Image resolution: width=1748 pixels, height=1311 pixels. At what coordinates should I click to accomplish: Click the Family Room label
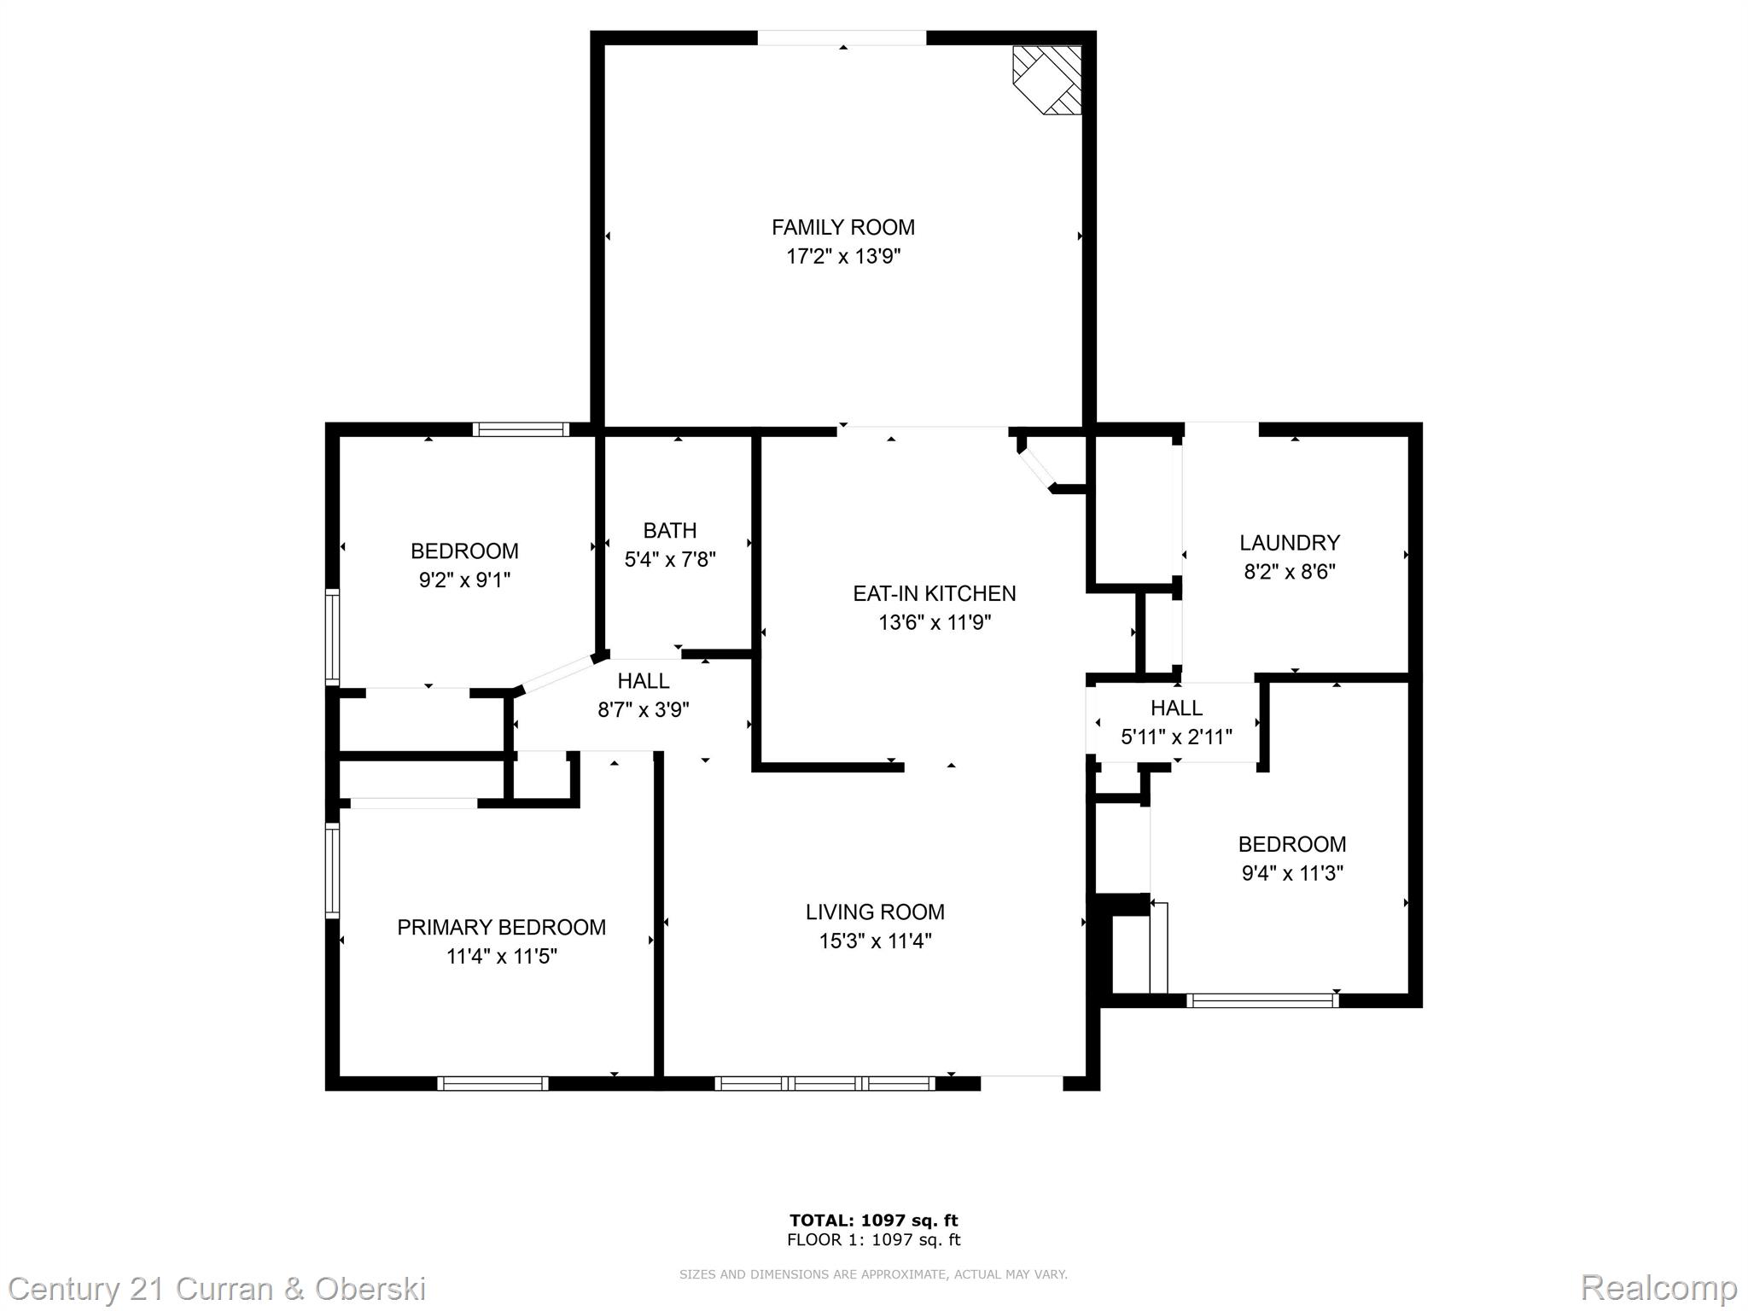click(x=843, y=227)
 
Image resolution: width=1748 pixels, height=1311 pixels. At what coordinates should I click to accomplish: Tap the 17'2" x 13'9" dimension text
click(x=843, y=256)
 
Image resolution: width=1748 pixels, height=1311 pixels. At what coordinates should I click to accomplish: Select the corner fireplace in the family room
click(x=1047, y=80)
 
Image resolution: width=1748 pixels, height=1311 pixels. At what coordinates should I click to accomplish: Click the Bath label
click(x=670, y=531)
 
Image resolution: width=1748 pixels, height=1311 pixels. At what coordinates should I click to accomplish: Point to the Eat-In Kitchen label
click(x=935, y=593)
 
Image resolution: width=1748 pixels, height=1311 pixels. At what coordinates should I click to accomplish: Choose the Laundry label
click(x=1290, y=542)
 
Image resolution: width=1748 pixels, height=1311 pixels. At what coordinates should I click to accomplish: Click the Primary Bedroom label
click(x=502, y=927)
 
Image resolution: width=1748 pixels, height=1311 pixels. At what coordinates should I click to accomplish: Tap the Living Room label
click(x=875, y=912)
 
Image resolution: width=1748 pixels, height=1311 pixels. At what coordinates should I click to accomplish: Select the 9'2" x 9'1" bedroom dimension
click(x=464, y=580)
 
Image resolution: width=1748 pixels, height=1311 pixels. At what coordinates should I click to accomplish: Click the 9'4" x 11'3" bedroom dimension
click(x=1292, y=873)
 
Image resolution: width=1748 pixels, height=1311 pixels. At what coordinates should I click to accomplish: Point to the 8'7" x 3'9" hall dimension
click(x=644, y=710)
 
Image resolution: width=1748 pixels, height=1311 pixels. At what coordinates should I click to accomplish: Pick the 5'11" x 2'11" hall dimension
click(x=1176, y=737)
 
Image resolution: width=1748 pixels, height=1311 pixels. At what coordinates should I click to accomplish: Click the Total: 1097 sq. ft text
click(x=874, y=1221)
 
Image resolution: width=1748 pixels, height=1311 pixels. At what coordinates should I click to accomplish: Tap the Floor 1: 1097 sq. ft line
click(x=874, y=1240)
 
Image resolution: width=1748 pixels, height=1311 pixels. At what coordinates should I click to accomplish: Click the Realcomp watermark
click(x=1659, y=1287)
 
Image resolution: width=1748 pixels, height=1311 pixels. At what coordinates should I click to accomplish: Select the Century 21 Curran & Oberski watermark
click(x=218, y=1288)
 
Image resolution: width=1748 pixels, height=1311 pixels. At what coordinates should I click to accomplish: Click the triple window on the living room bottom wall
click(x=824, y=1083)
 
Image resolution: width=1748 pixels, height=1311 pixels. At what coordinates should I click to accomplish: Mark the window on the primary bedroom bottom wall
click(x=492, y=1083)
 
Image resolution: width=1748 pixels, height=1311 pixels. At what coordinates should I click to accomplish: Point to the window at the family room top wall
click(x=842, y=38)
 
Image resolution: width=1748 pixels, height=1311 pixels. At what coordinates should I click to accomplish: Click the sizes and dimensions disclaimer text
click(x=873, y=1274)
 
